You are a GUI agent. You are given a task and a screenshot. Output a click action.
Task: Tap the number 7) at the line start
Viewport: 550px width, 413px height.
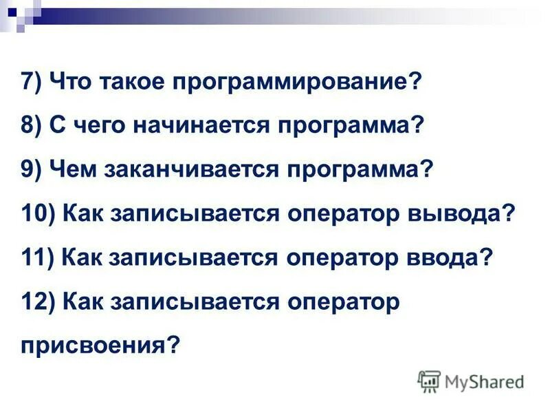(x=32, y=83)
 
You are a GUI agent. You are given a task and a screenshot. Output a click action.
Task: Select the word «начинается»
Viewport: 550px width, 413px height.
(x=180, y=127)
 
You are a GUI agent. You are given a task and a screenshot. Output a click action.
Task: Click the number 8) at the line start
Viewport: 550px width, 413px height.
(x=32, y=127)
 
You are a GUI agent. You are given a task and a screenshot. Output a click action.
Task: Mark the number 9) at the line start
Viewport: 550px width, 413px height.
(x=32, y=170)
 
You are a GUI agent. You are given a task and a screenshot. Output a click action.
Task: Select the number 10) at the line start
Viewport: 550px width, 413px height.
(x=37, y=213)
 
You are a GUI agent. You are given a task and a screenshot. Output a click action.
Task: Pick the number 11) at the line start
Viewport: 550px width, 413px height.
(x=37, y=257)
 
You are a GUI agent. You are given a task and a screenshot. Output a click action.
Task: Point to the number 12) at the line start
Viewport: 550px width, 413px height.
(x=37, y=301)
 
